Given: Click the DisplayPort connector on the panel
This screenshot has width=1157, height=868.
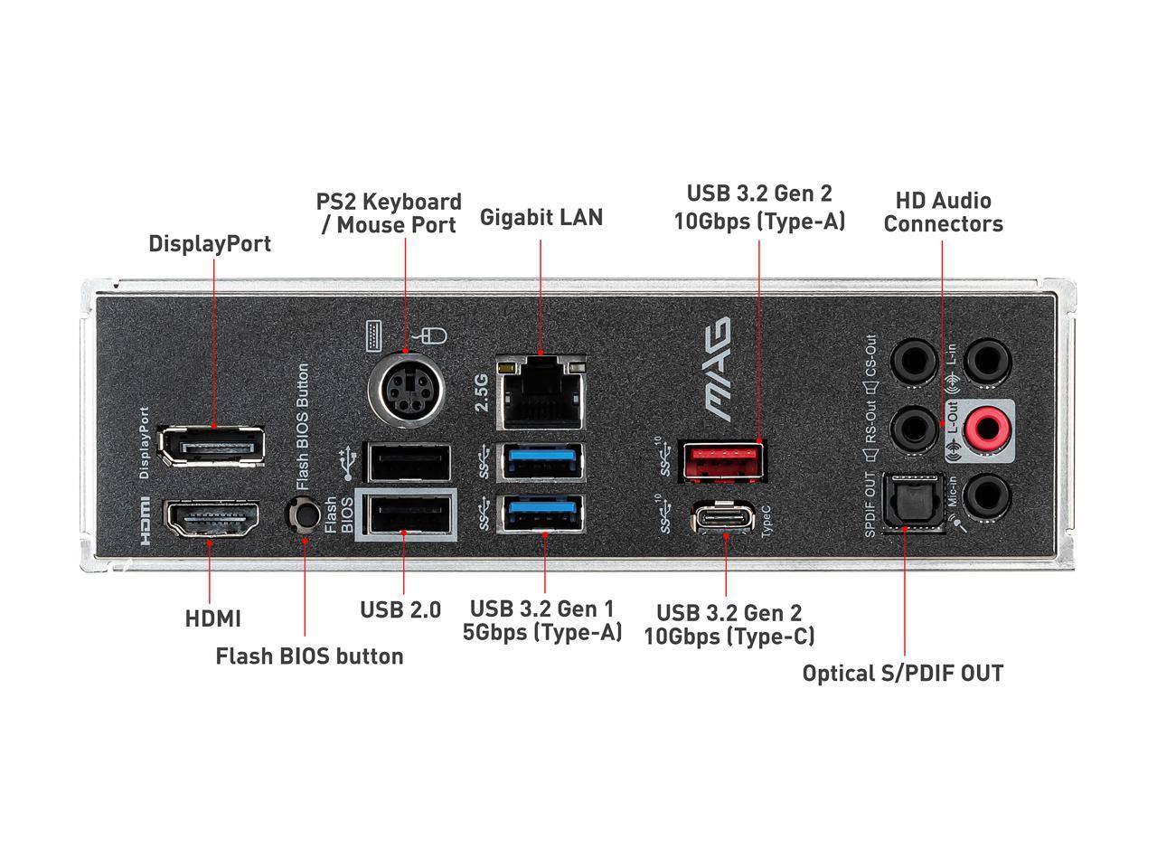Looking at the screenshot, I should point(212,444).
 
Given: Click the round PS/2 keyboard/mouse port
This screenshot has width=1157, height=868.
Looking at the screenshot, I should point(403,390).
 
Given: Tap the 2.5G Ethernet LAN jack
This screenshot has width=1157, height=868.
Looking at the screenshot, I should point(541,392).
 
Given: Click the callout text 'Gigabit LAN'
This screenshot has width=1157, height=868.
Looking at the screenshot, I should point(541,217).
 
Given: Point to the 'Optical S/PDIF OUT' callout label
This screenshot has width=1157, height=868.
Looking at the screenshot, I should point(902,673).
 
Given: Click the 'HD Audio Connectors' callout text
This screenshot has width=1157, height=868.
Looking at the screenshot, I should point(943,212).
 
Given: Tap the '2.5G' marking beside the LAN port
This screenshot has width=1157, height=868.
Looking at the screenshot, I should point(482,392).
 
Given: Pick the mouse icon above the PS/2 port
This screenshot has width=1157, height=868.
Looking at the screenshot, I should point(435,336).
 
